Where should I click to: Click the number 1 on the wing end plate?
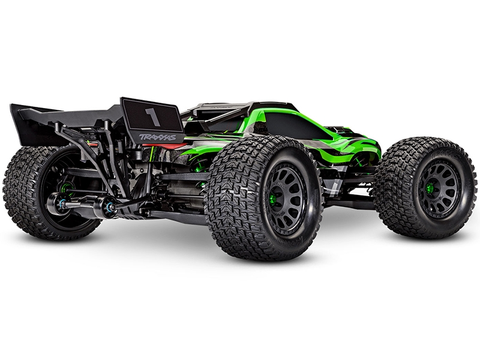coord(152,116)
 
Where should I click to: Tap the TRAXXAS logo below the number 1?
coord(157,137)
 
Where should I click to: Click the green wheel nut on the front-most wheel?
coord(430,187)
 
